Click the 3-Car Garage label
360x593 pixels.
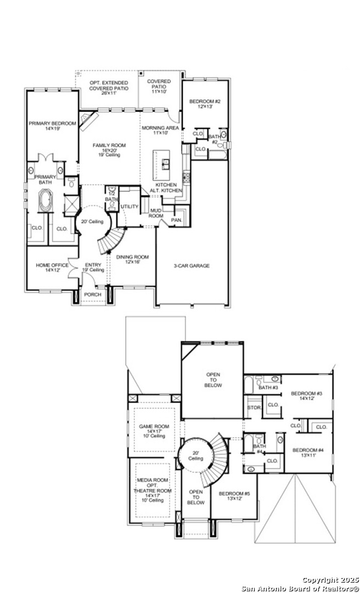coord(192,266)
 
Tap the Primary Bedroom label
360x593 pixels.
coord(53,124)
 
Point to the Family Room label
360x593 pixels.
coord(109,146)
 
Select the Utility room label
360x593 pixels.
coord(130,206)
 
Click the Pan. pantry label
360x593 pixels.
coord(176,220)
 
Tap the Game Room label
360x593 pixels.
coord(154,427)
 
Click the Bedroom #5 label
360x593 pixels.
coord(234,494)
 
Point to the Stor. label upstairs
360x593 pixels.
coord(254,408)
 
